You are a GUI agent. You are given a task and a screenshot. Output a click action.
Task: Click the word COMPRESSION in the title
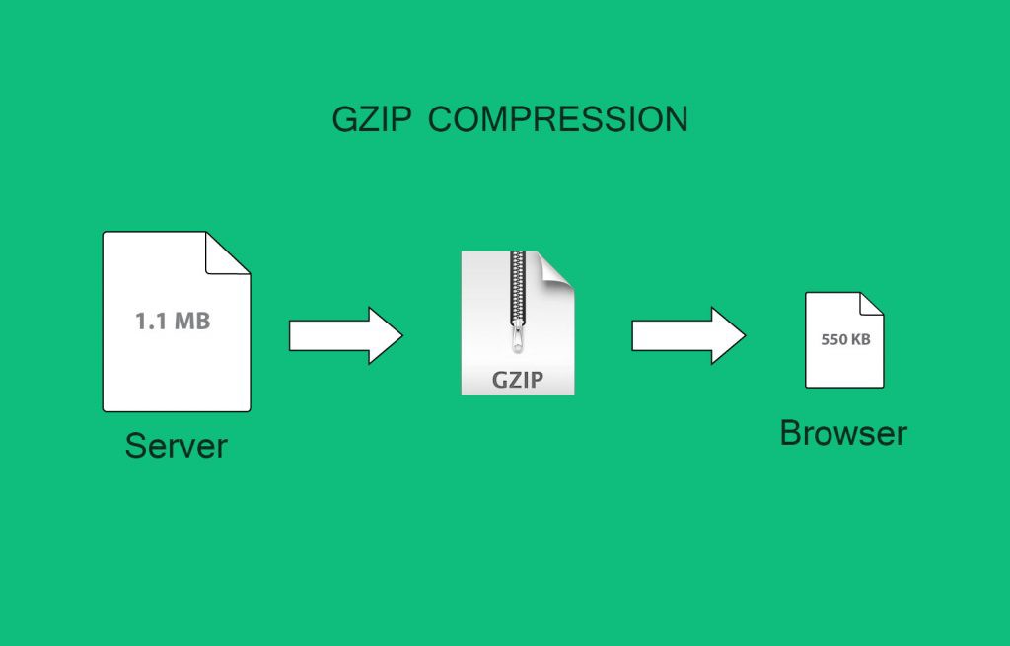click(x=558, y=119)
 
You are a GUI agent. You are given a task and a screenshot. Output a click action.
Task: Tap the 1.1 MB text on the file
click(x=173, y=321)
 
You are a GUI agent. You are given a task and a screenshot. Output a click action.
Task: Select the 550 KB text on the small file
click(x=846, y=339)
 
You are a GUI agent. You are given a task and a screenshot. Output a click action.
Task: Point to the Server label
click(x=176, y=446)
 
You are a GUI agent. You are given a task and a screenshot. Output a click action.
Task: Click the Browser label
click(x=842, y=433)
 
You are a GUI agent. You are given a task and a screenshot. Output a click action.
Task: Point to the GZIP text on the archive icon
click(x=518, y=380)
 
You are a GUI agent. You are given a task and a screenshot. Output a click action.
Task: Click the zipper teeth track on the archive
click(x=518, y=286)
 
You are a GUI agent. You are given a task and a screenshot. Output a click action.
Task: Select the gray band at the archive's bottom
click(x=518, y=381)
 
